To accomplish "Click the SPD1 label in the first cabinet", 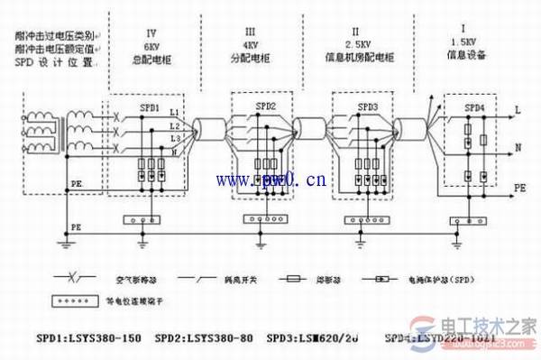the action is (x=150, y=106).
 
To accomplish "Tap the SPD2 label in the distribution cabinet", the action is (x=267, y=106).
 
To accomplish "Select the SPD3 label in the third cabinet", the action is (x=367, y=106).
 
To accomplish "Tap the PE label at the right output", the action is (x=521, y=189).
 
